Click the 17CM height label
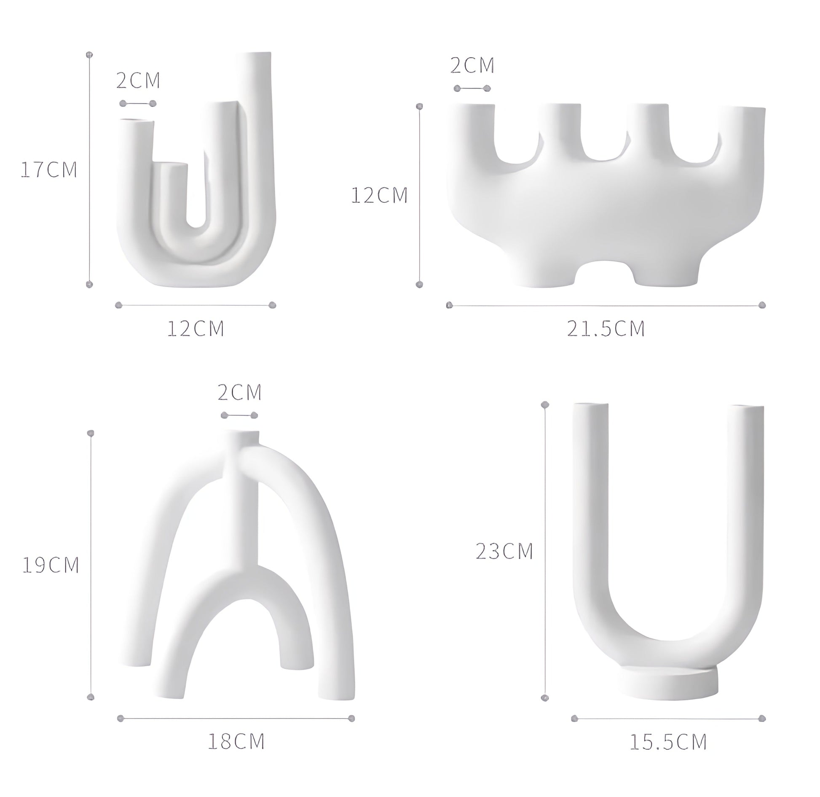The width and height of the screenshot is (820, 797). (x=49, y=170)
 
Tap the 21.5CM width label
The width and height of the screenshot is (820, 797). (x=606, y=329)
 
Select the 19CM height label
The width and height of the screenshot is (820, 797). (x=51, y=565)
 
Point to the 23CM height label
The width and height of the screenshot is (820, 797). (x=504, y=551)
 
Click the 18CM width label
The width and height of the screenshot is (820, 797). (x=236, y=741)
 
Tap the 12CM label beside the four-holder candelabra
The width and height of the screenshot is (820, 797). (x=380, y=195)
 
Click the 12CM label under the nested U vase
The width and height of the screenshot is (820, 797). (x=196, y=328)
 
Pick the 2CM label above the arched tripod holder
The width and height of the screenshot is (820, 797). (x=240, y=392)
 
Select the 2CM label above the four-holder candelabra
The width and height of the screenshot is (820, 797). (x=472, y=65)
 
